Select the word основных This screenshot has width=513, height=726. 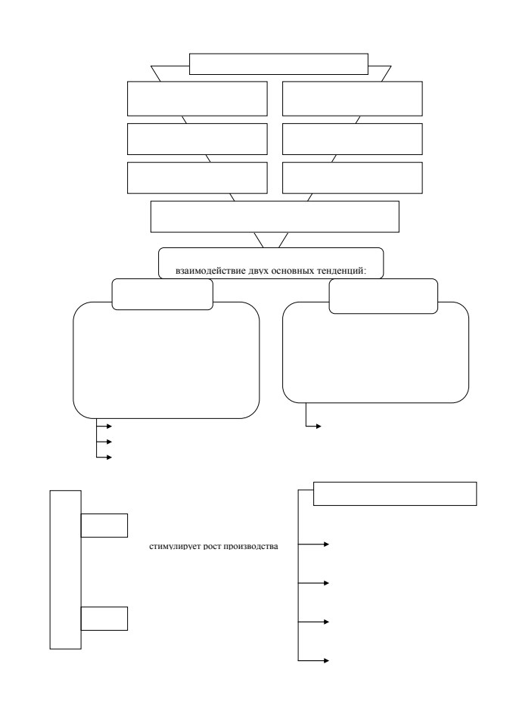tap(292, 271)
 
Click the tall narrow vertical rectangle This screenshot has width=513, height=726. tap(65, 569)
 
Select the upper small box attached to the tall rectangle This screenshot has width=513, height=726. tap(104, 526)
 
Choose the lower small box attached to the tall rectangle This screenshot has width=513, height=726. tap(104, 619)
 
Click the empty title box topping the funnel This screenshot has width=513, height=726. tap(278, 64)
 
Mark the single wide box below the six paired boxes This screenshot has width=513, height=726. tap(275, 217)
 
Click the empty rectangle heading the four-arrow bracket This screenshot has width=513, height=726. tap(395, 494)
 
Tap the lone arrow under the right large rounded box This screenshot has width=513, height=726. tap(314, 426)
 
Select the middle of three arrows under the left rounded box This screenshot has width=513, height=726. tap(104, 442)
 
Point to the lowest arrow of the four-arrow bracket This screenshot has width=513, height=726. tap(314, 660)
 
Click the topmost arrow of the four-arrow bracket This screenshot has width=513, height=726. tap(314, 544)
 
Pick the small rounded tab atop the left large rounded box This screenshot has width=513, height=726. tap(163, 294)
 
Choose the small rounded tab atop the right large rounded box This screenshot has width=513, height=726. tap(384, 296)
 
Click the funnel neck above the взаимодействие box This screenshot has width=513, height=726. tap(271, 240)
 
